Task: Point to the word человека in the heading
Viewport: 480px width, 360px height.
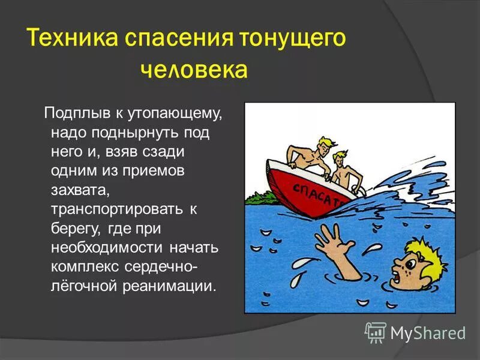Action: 194,70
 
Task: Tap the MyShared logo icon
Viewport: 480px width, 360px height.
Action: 376,332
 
